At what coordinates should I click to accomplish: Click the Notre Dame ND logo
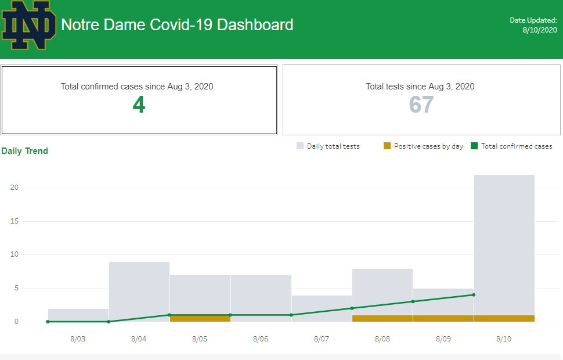click(29, 25)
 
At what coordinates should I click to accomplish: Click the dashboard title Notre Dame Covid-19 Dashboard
click(177, 25)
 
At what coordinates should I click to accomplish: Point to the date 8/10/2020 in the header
click(540, 30)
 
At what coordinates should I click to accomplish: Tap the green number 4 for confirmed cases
click(139, 105)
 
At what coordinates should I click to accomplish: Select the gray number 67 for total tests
click(421, 105)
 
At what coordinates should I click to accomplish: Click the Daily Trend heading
click(25, 151)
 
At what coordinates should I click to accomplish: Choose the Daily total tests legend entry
click(328, 146)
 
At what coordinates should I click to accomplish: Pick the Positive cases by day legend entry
click(423, 146)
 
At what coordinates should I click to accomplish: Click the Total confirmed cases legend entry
click(511, 146)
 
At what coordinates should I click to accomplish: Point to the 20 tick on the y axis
click(15, 188)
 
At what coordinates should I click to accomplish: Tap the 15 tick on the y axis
click(15, 221)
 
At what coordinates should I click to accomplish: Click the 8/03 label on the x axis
click(77, 339)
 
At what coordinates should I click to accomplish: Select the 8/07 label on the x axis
click(321, 339)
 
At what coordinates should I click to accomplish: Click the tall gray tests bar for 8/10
click(504, 244)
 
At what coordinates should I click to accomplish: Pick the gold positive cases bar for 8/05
click(200, 318)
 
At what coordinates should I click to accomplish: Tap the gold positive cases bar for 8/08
click(382, 318)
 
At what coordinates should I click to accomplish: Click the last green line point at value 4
click(474, 295)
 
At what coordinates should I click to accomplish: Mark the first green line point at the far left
click(48, 322)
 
